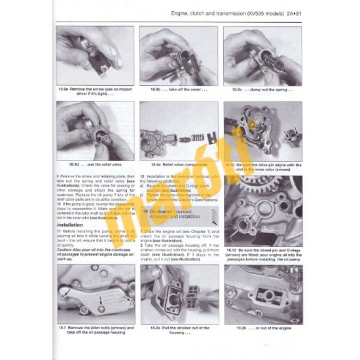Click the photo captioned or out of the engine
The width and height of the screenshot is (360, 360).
(262, 294)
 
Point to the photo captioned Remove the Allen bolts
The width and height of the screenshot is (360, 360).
(96, 294)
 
